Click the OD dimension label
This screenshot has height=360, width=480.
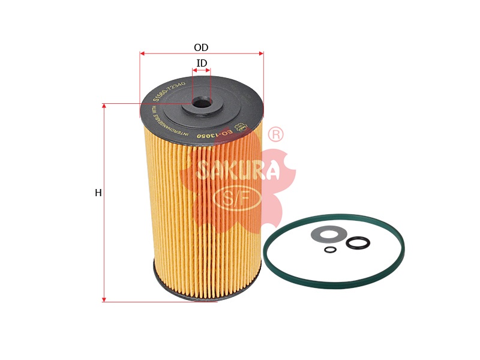(x=201, y=48)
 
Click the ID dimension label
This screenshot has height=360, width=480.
(x=202, y=64)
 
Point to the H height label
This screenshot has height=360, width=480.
(x=98, y=193)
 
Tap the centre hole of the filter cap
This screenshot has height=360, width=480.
(x=202, y=104)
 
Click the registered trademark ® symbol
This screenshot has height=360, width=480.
(x=275, y=134)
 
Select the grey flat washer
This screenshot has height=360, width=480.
(x=329, y=234)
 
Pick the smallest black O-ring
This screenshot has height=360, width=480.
(x=330, y=250)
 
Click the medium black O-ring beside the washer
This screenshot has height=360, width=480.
(x=358, y=243)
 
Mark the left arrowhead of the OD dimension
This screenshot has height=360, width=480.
(x=142, y=53)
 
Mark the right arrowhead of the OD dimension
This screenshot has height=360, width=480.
(x=261, y=53)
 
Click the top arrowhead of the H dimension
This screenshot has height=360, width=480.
(x=104, y=106)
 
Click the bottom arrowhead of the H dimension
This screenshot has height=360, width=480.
(x=104, y=299)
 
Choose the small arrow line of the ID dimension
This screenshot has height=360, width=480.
(x=202, y=71)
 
